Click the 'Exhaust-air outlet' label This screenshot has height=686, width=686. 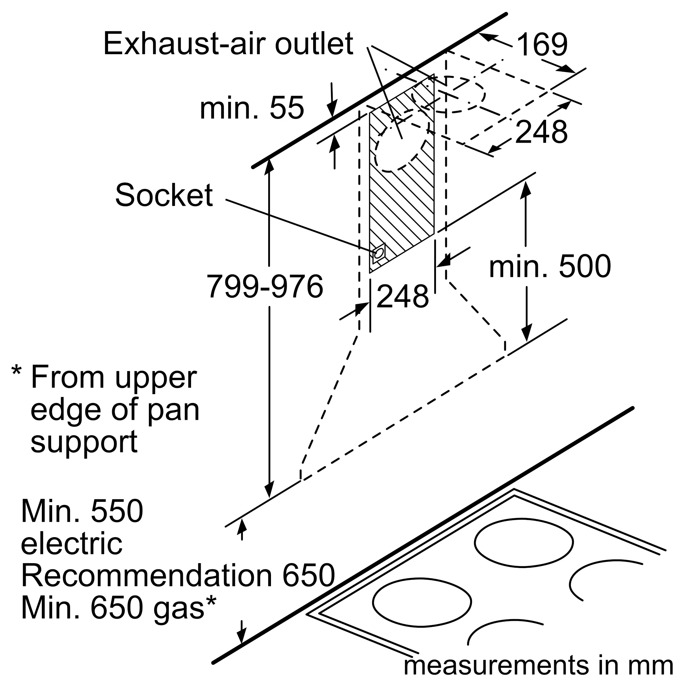(228, 44)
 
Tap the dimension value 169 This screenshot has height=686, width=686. (542, 45)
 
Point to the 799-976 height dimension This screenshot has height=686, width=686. (265, 286)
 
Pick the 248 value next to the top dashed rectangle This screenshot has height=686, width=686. (541, 132)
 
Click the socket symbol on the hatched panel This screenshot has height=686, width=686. (379, 253)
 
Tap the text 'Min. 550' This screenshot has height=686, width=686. (82, 512)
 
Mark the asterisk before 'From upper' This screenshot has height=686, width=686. (16, 371)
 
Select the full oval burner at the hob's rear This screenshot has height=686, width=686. (524, 542)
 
